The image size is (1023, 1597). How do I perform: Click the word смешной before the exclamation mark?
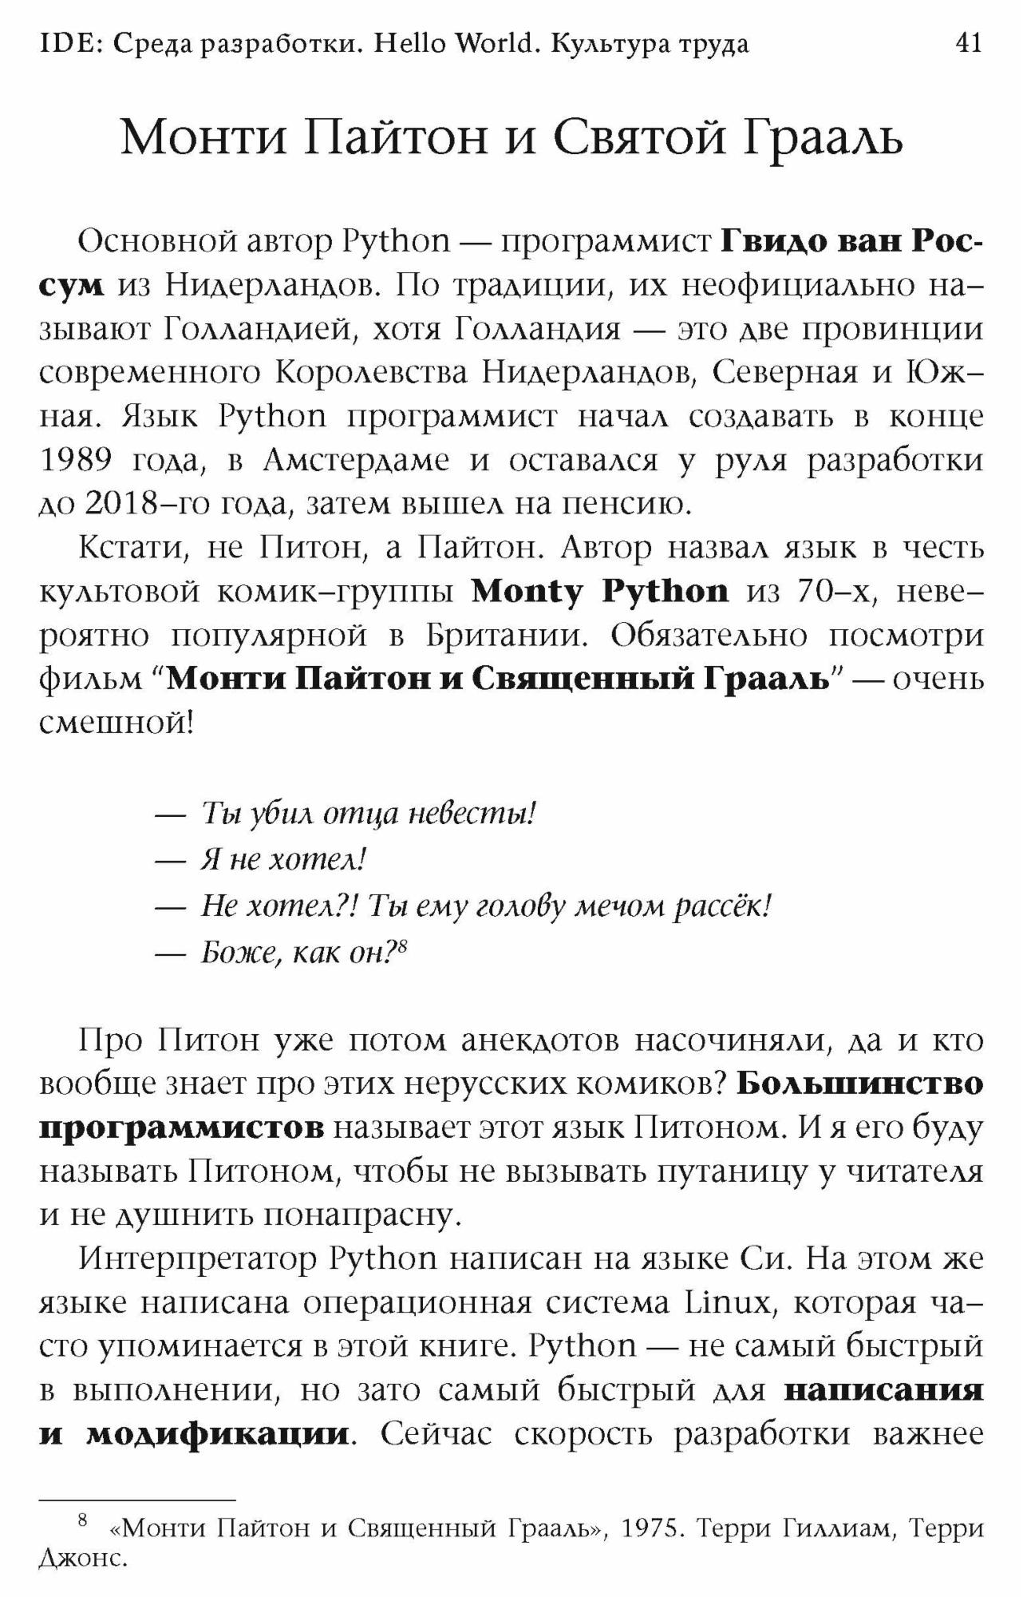pos(112,723)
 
